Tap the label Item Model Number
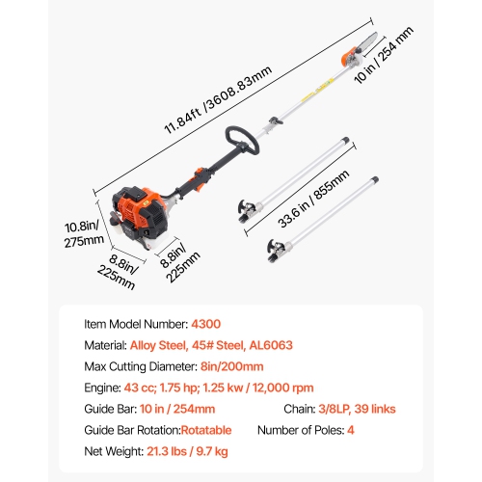click(131, 325)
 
